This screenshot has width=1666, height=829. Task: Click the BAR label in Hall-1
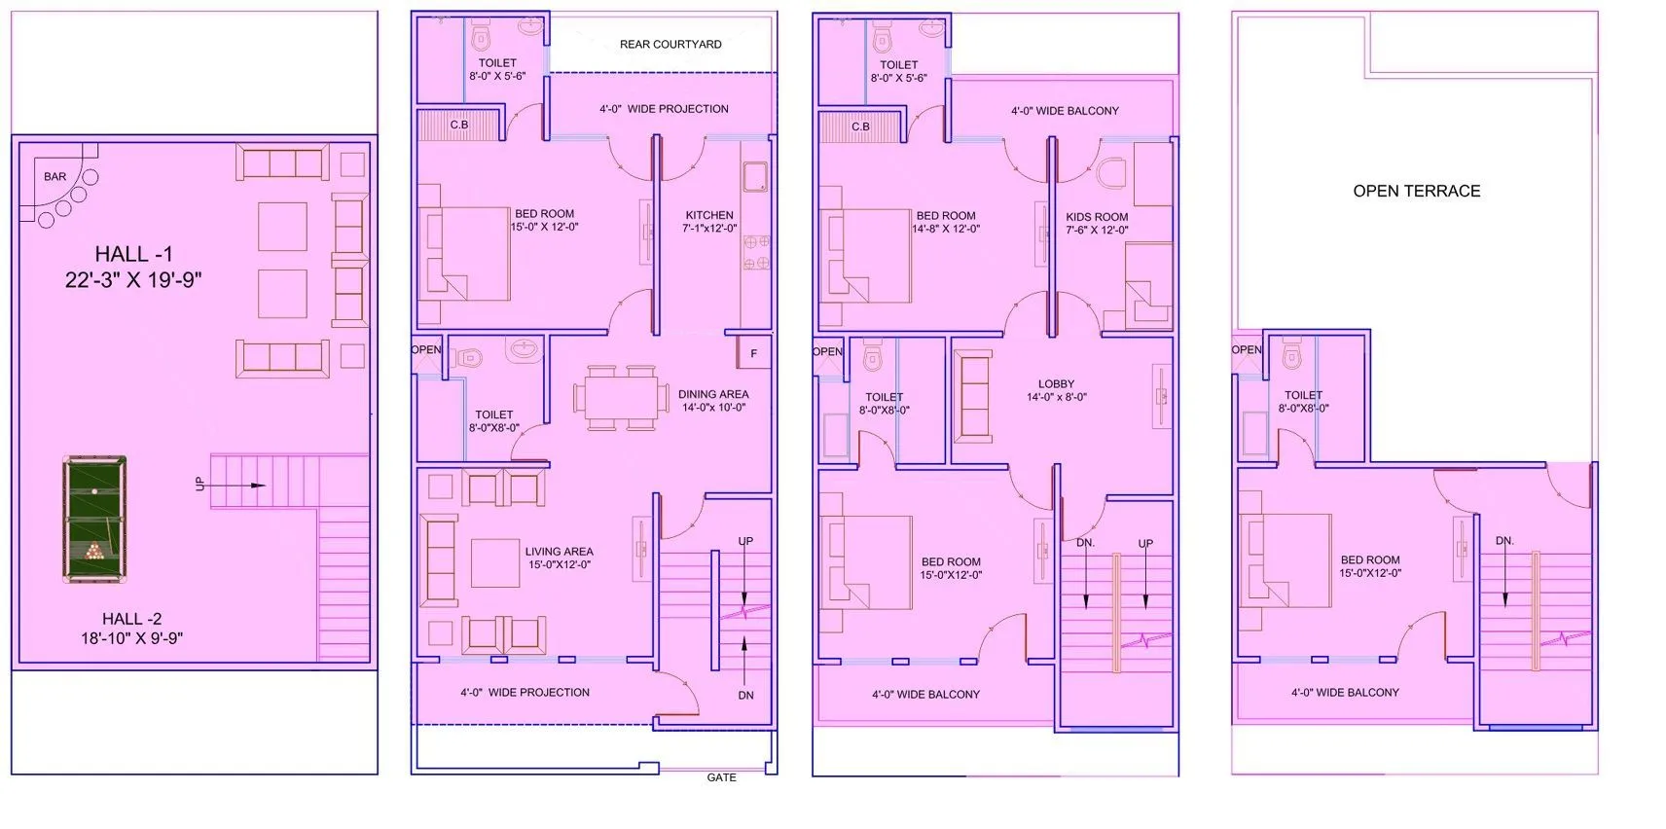pos(55,177)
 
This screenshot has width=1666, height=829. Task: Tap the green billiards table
pos(94,520)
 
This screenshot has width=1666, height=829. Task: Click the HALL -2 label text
pos(132,619)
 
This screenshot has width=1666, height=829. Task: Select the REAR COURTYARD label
pos(670,45)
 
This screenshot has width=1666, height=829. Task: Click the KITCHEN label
pos(709,215)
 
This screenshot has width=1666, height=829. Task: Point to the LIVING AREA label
pos(559,552)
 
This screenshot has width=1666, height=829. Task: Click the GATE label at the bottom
pos(721,777)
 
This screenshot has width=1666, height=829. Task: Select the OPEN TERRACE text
pos(1416,192)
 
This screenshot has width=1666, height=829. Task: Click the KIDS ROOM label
pos(1097,218)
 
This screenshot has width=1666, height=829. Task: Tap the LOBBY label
pos(1056,384)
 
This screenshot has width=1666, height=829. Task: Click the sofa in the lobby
pos(975,397)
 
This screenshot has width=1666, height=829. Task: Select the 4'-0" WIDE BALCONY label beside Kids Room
pos(1065,111)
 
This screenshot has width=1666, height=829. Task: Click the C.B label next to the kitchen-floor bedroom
pos(459,126)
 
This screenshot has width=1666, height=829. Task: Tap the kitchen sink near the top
pos(755,176)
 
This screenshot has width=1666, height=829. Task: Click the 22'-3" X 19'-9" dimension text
pos(133,280)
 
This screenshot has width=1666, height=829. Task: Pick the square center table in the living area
pos(495,563)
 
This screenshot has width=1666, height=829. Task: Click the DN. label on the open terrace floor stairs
pos(1504,541)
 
